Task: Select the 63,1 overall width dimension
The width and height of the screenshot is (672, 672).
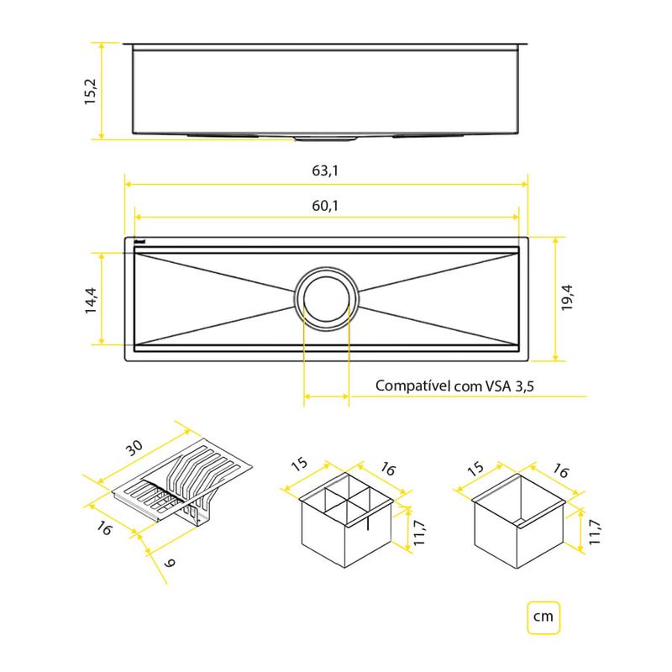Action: click(325, 171)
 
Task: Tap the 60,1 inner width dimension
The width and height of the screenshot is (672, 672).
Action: click(325, 204)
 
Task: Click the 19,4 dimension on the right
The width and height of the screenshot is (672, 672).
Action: click(570, 297)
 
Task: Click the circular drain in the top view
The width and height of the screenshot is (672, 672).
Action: click(326, 298)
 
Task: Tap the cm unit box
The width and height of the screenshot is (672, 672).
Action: click(543, 617)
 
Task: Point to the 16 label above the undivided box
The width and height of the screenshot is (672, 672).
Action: click(561, 473)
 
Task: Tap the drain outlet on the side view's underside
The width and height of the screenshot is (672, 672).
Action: click(326, 135)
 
